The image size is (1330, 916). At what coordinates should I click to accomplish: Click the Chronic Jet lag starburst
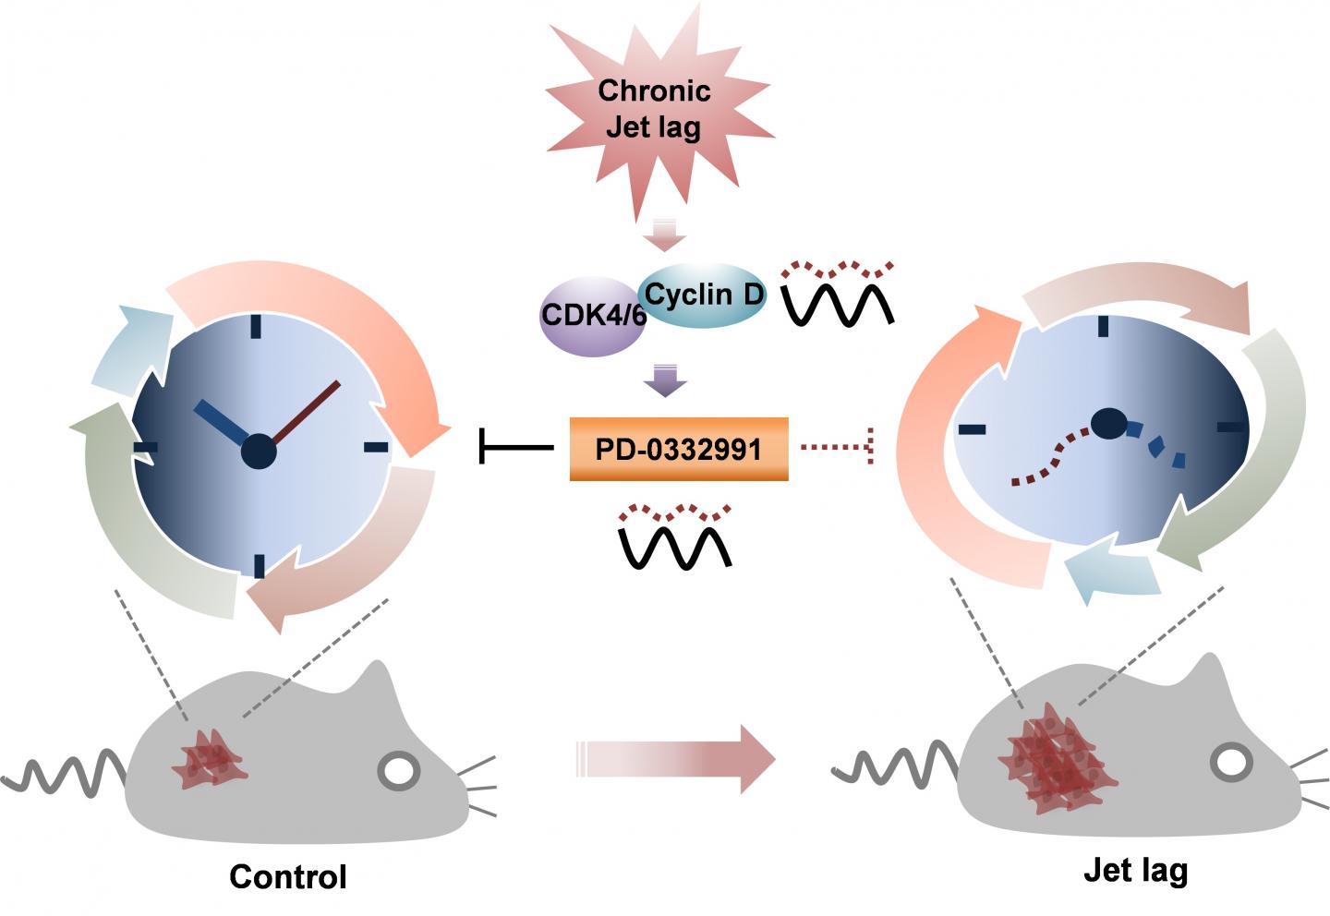coord(654,109)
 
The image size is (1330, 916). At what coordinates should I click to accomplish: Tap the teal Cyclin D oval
coord(704,296)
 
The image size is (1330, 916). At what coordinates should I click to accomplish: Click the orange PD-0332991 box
coord(679,450)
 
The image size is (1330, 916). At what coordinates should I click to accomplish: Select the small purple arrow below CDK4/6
coord(665,380)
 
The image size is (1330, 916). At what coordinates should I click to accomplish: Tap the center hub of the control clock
coord(259,452)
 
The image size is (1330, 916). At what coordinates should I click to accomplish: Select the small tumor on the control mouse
coord(210,756)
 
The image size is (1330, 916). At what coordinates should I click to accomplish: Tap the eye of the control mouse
coord(400,772)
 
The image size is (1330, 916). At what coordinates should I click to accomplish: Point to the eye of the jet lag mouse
coord(1231,763)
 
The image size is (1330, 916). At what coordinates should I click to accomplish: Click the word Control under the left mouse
coord(288,876)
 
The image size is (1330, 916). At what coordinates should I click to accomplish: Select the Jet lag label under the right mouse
coord(1135,870)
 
